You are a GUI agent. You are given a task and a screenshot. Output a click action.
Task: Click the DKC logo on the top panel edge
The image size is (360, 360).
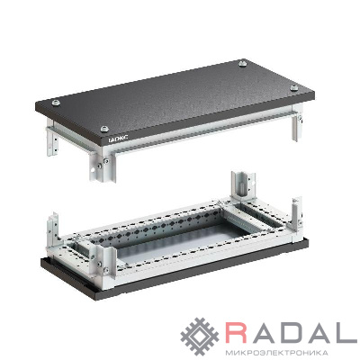(117, 139)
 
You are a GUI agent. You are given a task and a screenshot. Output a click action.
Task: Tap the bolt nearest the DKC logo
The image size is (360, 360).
(104, 129)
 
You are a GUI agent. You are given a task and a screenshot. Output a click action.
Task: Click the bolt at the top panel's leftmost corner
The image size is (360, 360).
(56, 103)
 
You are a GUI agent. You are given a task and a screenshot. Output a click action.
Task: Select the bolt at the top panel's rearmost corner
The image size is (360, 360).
(242, 63)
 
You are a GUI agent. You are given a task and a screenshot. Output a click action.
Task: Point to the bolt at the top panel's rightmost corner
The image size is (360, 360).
(293, 87)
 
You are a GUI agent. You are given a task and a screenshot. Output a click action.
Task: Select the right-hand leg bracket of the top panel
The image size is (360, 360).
(296, 126)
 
